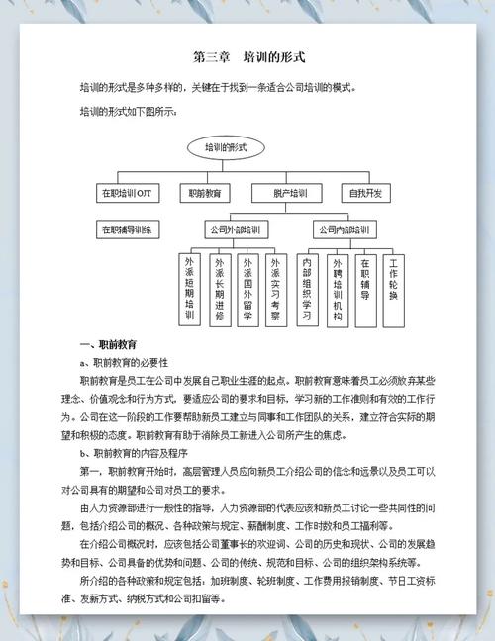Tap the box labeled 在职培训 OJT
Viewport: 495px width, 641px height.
click(126, 192)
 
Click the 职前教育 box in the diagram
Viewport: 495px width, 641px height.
click(204, 192)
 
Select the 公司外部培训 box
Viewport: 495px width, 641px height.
click(233, 230)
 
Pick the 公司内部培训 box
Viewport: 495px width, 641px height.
click(344, 230)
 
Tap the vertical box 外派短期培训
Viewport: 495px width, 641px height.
click(189, 291)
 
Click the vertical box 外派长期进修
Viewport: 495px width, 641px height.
click(218, 291)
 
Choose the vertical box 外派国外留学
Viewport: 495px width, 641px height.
click(246, 291)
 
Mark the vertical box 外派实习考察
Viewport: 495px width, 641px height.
click(274, 291)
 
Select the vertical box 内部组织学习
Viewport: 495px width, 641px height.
click(307, 291)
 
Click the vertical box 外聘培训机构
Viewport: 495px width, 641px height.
click(337, 291)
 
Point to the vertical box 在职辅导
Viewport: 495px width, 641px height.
click(365, 286)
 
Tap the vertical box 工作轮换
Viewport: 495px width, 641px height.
click(394, 286)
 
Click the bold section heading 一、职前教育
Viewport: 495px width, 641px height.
click(106, 344)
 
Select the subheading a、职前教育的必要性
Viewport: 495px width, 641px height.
click(125, 362)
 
